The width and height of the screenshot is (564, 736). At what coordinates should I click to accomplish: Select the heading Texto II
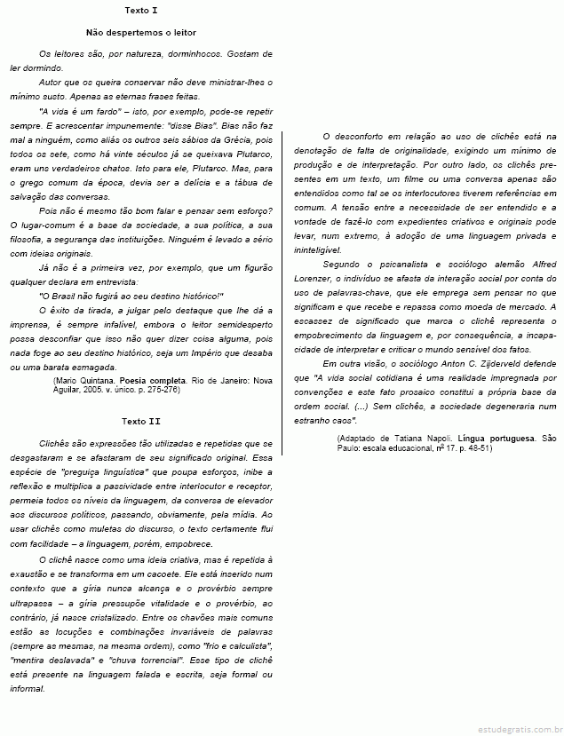pyautogui.click(x=142, y=420)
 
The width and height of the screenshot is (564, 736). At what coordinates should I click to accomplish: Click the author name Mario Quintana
pyautogui.click(x=87, y=379)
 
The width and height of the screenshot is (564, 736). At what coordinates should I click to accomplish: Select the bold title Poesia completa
pyautogui.click(x=153, y=379)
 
